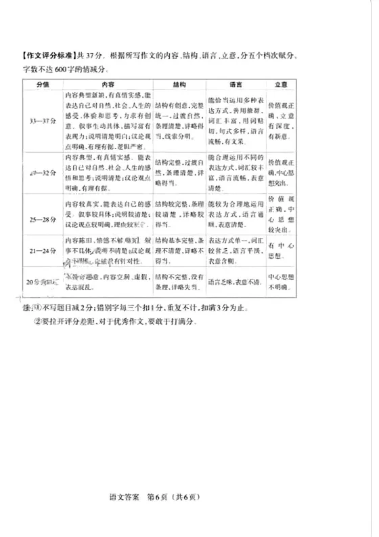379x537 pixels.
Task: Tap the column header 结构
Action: [x=178, y=87]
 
